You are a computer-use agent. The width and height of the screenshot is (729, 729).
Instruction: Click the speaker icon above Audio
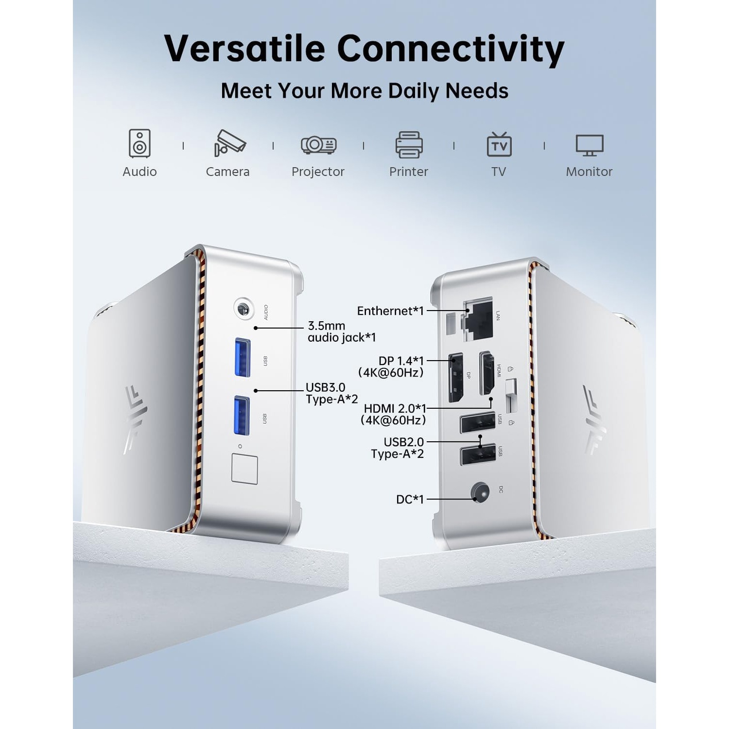coord(139,143)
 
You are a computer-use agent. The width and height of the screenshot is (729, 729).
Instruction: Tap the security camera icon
coord(230,143)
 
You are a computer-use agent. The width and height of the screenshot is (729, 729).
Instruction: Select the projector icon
coord(318,144)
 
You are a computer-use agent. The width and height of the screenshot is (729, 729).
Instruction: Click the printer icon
coord(409,144)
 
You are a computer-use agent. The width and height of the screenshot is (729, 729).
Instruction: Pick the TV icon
coord(499,144)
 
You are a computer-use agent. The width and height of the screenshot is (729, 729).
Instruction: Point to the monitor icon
coord(590,145)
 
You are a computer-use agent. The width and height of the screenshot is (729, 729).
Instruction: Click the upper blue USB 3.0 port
coord(243,357)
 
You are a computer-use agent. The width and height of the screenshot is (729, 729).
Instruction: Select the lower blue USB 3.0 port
coord(242,416)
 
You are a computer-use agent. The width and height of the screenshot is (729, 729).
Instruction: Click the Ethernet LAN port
coord(479,319)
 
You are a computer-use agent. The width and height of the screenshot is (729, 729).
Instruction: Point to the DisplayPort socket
coord(455,378)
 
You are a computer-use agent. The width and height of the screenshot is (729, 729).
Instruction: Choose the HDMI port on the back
coord(487,373)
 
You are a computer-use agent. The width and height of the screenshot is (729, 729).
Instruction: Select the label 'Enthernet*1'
coord(390,311)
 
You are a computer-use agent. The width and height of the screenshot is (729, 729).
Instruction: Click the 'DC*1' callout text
coord(410,499)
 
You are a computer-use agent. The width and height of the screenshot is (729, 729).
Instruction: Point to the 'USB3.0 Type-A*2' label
coord(331,393)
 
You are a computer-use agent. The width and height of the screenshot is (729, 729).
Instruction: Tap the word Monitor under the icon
coord(589,172)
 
